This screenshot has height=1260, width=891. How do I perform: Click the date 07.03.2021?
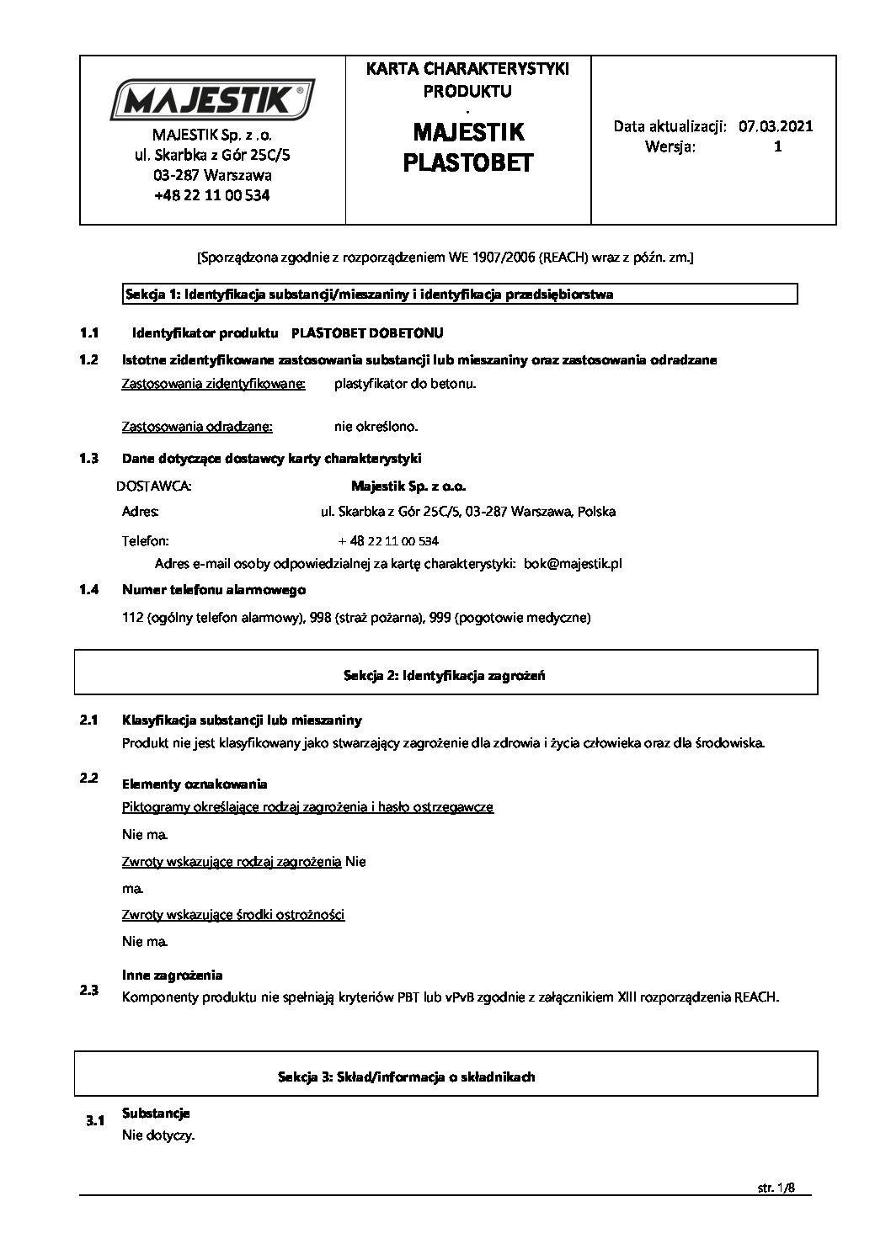pyautogui.click(x=775, y=126)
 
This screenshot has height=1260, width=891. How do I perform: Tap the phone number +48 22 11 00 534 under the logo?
pyautogui.click(x=212, y=195)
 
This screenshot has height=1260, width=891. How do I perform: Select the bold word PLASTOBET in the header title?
pyautogui.click(x=467, y=162)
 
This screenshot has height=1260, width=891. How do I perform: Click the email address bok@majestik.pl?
pyautogui.click(x=573, y=564)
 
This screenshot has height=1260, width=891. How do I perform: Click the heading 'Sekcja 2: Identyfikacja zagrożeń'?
pyautogui.click(x=438, y=675)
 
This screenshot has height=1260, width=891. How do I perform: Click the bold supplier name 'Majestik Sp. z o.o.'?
pyautogui.click(x=408, y=486)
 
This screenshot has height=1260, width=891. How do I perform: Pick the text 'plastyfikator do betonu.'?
pyautogui.click(x=405, y=384)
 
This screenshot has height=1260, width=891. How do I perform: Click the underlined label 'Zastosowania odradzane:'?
pyautogui.click(x=197, y=427)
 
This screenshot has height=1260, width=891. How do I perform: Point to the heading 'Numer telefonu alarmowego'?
pyautogui.click(x=214, y=590)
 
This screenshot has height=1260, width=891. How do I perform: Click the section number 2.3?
pyautogui.click(x=89, y=991)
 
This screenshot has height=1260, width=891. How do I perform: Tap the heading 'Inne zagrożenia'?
pyautogui.click(x=173, y=976)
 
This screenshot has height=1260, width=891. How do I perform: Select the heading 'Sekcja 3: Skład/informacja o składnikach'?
pyautogui.click(x=406, y=1077)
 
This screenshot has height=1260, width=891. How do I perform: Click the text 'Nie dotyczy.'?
pyautogui.click(x=158, y=1135)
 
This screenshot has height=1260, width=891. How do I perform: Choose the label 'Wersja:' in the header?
pyautogui.click(x=670, y=146)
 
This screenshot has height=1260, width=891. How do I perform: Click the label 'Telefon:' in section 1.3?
pyautogui.click(x=145, y=540)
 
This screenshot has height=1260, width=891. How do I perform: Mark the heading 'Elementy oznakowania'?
pyautogui.click(x=195, y=784)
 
